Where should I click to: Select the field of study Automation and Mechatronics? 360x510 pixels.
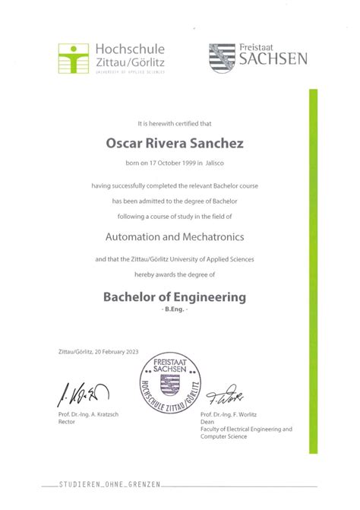click(179, 238)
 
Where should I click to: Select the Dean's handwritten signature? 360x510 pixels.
click(227, 394)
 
